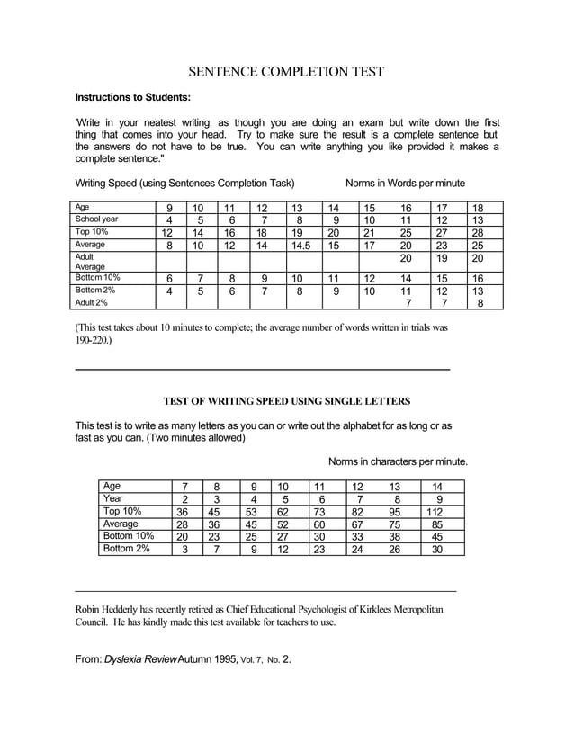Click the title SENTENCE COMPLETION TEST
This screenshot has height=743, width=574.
click(286, 71)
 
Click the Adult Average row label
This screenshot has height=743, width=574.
click(91, 261)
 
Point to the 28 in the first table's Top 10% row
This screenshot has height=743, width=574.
click(477, 231)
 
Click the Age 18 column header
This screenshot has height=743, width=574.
click(477, 207)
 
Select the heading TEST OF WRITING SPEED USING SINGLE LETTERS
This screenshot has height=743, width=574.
click(286, 400)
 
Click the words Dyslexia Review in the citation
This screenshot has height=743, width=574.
click(139, 658)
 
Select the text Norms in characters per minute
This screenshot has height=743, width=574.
click(398, 461)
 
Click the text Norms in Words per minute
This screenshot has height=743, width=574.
click(405, 183)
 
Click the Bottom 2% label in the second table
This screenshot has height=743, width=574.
click(127, 549)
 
